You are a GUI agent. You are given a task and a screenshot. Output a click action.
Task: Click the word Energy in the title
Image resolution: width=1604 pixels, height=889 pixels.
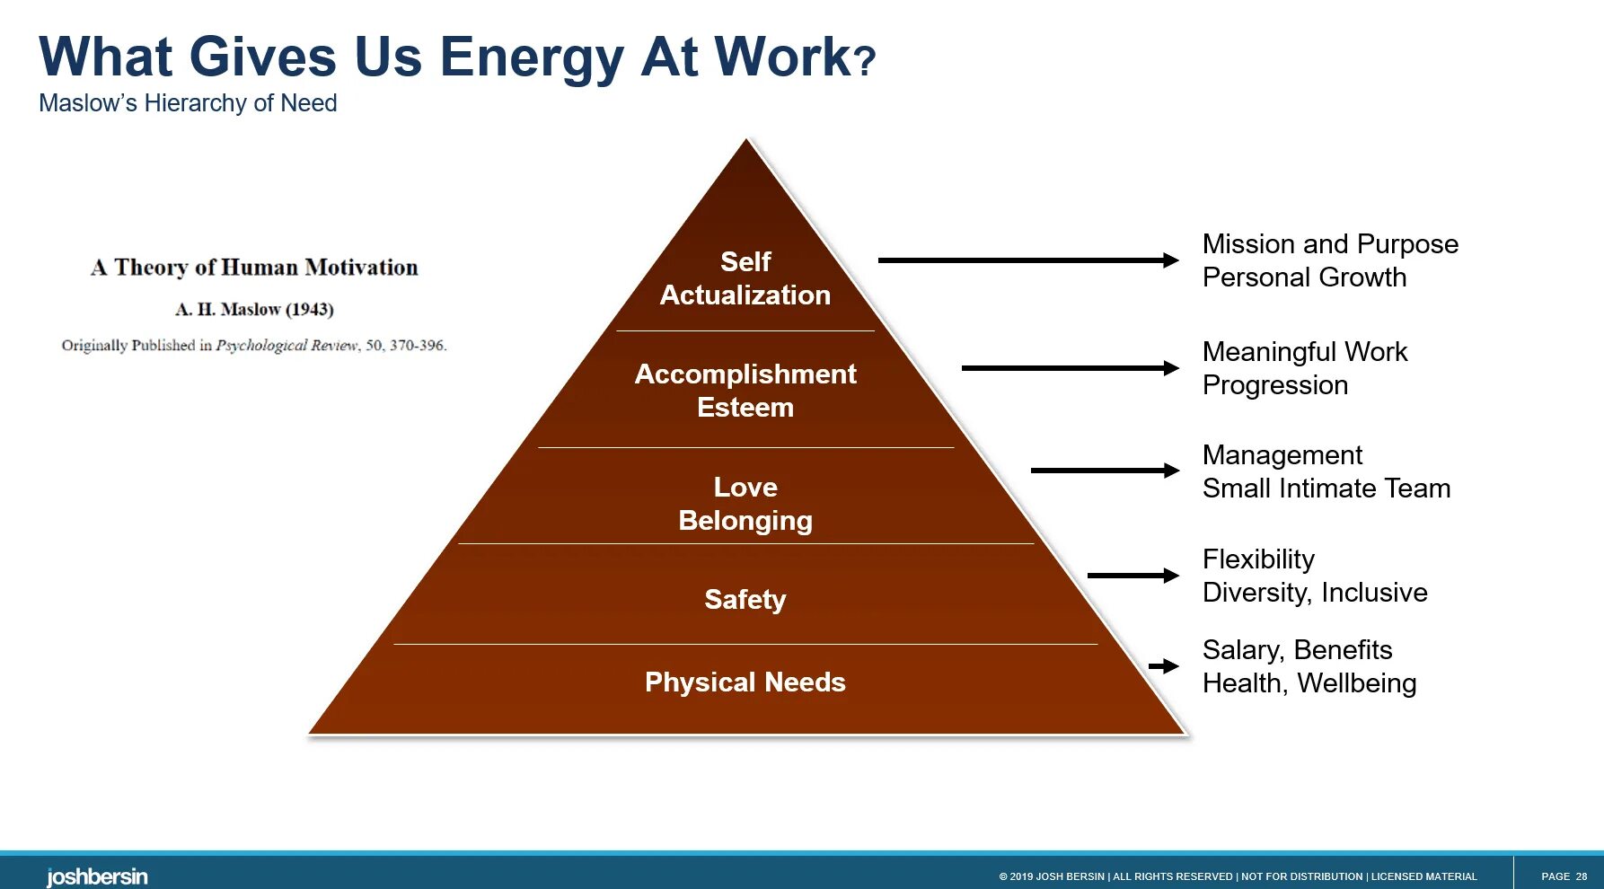[x=532, y=57]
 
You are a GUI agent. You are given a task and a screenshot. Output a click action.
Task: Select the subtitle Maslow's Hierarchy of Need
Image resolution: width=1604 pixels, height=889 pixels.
[x=188, y=103]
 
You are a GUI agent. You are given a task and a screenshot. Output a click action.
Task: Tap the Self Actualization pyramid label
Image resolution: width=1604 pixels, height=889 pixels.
[x=745, y=278]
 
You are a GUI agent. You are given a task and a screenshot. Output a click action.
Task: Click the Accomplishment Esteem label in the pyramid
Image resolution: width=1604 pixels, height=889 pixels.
[x=745, y=391]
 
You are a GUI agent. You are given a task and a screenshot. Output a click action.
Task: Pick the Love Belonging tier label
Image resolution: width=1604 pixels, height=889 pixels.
[x=745, y=504]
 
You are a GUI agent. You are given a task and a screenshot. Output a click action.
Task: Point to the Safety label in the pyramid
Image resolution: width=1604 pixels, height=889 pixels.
[x=745, y=599]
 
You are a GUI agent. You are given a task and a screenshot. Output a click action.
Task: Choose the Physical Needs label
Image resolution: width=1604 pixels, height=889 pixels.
[x=745, y=682]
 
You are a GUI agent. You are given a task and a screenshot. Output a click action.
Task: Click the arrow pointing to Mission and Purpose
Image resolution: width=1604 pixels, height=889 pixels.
[x=1028, y=260]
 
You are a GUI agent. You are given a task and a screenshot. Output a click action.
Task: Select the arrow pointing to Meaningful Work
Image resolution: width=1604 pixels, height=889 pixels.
[x=1070, y=368]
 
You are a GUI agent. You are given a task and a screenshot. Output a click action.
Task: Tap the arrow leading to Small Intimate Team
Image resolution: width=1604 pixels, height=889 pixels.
[x=1105, y=471]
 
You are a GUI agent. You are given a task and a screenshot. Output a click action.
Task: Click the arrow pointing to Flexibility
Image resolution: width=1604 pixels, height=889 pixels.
[x=1132, y=576]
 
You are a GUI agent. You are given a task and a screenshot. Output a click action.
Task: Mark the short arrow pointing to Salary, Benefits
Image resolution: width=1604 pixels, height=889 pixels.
[x=1163, y=666]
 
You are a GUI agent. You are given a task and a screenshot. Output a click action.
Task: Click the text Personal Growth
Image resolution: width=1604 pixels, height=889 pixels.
[x=1304, y=277]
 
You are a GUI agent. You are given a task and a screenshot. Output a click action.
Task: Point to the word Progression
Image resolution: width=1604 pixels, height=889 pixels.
[x=1275, y=385]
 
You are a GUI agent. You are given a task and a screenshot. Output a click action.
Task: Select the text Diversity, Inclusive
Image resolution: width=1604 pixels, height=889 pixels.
[x=1315, y=593]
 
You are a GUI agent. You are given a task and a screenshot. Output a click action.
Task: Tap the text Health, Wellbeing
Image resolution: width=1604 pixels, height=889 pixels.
[x=1309, y=683]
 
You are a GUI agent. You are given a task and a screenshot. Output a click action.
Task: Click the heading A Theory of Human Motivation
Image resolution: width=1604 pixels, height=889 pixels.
[x=254, y=268]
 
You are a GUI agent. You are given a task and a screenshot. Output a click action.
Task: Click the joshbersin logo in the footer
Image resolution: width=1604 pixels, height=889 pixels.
[x=97, y=876]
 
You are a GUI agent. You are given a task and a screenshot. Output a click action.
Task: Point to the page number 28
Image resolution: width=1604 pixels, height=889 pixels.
[x=1581, y=876]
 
